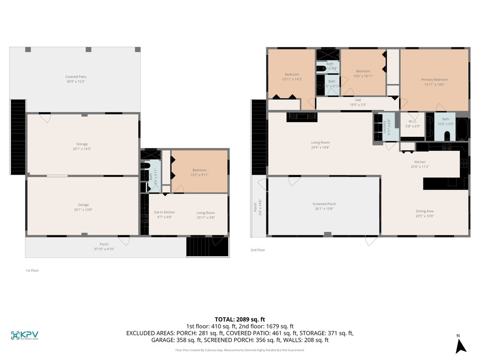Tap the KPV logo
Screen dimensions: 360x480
coord(24,335)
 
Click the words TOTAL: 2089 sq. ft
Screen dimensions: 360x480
coord(240,319)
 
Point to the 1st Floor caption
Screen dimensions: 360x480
coord(32,271)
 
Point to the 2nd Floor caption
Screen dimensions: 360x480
coord(257,250)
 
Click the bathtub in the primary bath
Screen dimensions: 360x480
coord(461,129)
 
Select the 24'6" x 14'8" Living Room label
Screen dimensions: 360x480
coord(320,144)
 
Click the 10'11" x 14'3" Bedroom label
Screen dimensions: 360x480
coord(292,77)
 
